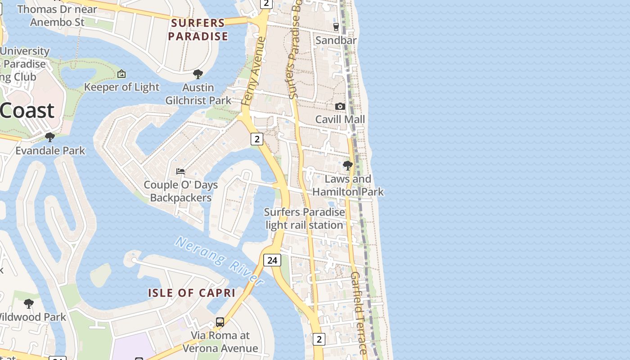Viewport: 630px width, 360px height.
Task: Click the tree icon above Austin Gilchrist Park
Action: tap(198, 74)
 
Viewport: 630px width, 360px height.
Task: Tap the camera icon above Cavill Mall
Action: tap(340, 106)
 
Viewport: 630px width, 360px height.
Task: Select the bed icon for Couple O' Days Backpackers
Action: tap(180, 171)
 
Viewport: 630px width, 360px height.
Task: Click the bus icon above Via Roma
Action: tap(220, 322)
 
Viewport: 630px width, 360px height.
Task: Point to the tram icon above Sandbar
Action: tap(336, 27)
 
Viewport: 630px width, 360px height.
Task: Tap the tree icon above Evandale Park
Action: tap(50, 137)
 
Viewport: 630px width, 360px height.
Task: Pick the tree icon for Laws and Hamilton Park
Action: tap(347, 166)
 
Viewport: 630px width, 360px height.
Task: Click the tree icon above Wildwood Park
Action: tap(29, 304)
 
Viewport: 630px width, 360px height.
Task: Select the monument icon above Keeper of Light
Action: tap(121, 74)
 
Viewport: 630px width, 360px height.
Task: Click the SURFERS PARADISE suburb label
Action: tap(198, 30)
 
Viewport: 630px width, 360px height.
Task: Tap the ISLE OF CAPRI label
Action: tap(192, 293)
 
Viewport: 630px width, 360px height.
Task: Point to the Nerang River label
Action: tap(219, 261)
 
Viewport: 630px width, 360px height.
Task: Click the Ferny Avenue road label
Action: tap(253, 72)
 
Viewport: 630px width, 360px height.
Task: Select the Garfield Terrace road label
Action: tap(359, 313)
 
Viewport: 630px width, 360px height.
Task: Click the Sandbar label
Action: tap(336, 40)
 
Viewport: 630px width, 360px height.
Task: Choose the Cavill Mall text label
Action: tap(340, 119)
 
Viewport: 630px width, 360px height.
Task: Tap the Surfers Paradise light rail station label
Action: tap(304, 218)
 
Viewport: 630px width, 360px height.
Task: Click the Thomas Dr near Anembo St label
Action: tap(57, 15)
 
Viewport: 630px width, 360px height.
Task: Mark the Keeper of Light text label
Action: tap(121, 87)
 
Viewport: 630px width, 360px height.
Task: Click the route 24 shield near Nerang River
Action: tap(272, 260)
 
